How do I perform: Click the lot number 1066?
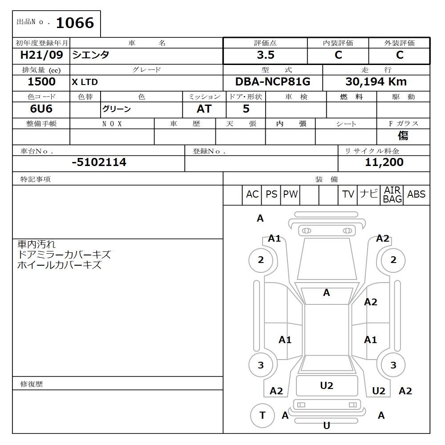tap(75, 23)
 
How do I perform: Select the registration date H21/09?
tap(41, 55)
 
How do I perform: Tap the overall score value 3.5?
tap(265, 55)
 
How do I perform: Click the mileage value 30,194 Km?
tap(376, 82)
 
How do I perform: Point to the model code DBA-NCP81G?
tap(272, 82)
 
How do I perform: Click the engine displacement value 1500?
tap(41, 82)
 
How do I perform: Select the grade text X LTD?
tap(85, 82)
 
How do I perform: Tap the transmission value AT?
tap(204, 109)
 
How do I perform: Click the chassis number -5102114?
tap(99, 162)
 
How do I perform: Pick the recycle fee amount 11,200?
tap(384, 162)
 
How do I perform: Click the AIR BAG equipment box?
tap(392, 195)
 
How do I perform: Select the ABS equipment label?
tap(416, 194)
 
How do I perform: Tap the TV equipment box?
tap(348, 194)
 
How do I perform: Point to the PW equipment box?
tap(290, 194)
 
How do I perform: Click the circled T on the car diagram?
tap(262, 415)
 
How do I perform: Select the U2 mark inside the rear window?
tap(327, 386)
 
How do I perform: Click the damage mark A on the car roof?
tap(326, 293)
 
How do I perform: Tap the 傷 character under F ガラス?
tap(403, 136)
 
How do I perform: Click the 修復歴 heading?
tap(32, 384)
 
